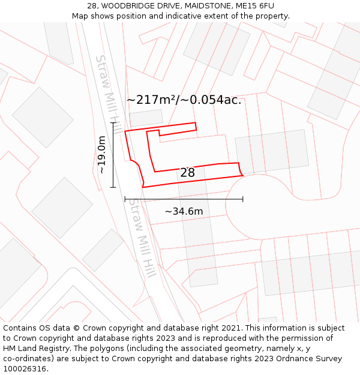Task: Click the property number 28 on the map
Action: click(x=187, y=173)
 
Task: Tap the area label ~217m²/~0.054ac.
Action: click(x=184, y=100)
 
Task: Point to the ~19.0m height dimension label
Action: click(x=102, y=155)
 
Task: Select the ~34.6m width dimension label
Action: click(x=184, y=211)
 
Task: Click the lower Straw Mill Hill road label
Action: click(x=143, y=237)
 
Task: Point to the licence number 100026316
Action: click(x=25, y=369)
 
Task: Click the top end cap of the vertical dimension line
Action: click(x=113, y=122)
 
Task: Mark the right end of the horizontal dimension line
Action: click(x=243, y=199)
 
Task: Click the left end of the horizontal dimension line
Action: click(x=125, y=199)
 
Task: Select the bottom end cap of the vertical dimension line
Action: click(x=113, y=187)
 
